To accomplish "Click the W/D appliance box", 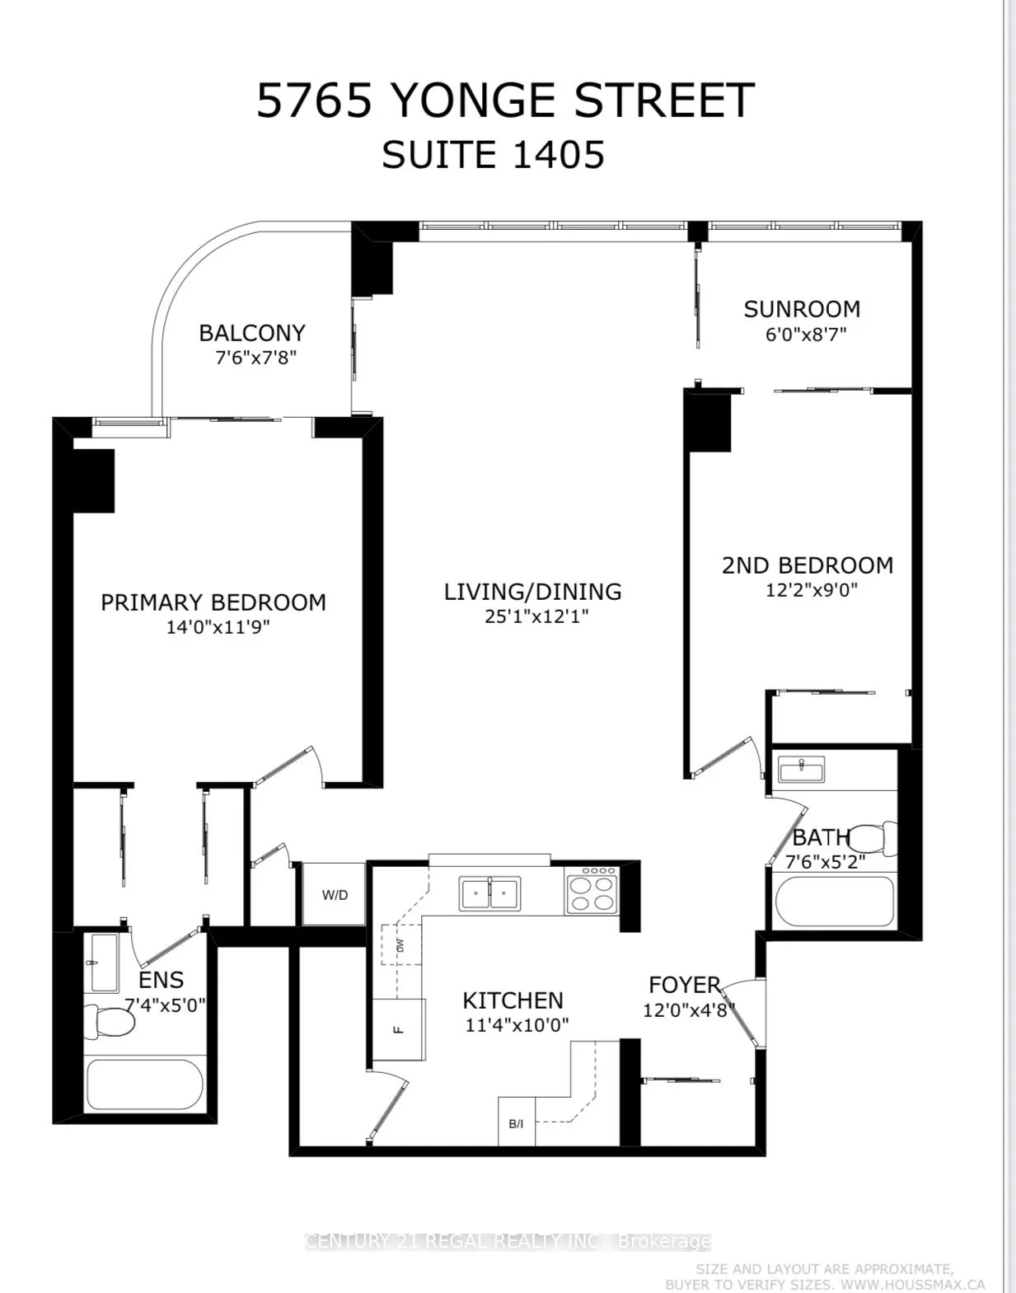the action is [334, 894].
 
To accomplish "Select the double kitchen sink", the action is [489, 892].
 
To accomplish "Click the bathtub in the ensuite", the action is [144, 1086].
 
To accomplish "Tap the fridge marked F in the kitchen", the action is [399, 1028].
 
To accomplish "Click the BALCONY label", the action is [252, 333].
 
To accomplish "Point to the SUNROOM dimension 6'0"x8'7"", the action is [805, 335].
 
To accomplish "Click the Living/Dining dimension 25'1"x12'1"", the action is [536, 616].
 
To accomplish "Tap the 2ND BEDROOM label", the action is [808, 565].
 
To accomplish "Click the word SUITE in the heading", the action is [439, 155].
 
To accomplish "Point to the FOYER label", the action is [684, 986].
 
